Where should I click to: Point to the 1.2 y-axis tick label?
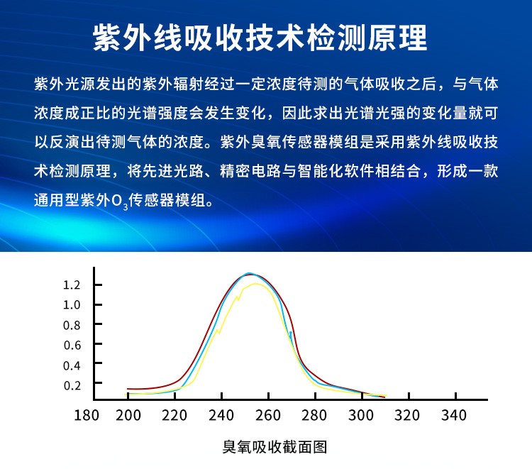72,285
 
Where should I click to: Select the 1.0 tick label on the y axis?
72,305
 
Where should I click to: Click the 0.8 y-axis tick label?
72,326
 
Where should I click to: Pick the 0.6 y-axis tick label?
72,346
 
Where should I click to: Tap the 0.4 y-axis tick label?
72,365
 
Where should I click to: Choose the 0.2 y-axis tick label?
72,385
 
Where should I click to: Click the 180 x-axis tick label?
87,415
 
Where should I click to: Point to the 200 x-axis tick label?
128,415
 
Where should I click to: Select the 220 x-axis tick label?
174,415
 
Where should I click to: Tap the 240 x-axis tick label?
221,415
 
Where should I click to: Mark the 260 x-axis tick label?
268,415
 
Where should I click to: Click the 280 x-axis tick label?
315,415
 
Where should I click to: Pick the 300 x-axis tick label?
362,415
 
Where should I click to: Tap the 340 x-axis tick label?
455,415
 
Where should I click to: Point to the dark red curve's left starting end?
128,389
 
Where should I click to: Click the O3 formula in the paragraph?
120,201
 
